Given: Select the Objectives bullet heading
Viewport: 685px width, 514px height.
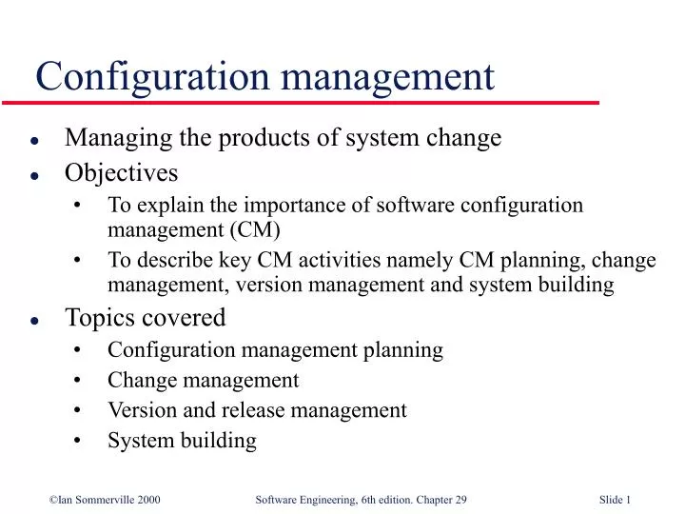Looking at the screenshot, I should pyautogui.click(x=121, y=172).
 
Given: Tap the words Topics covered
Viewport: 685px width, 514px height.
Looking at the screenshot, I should pyautogui.click(x=145, y=316).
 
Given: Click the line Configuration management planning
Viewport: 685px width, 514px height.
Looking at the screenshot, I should pyautogui.click(x=275, y=349).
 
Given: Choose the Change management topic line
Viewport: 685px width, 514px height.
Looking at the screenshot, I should pyautogui.click(x=203, y=380).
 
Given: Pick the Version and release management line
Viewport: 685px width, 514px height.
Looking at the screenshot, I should pyautogui.click(x=257, y=410).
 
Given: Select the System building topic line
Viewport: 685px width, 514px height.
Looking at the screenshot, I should pyautogui.click(x=182, y=441).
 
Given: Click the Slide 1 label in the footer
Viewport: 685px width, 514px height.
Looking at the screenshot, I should pyautogui.click(x=616, y=499).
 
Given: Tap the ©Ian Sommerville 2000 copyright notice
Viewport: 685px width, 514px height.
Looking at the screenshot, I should pyautogui.click(x=105, y=499).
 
